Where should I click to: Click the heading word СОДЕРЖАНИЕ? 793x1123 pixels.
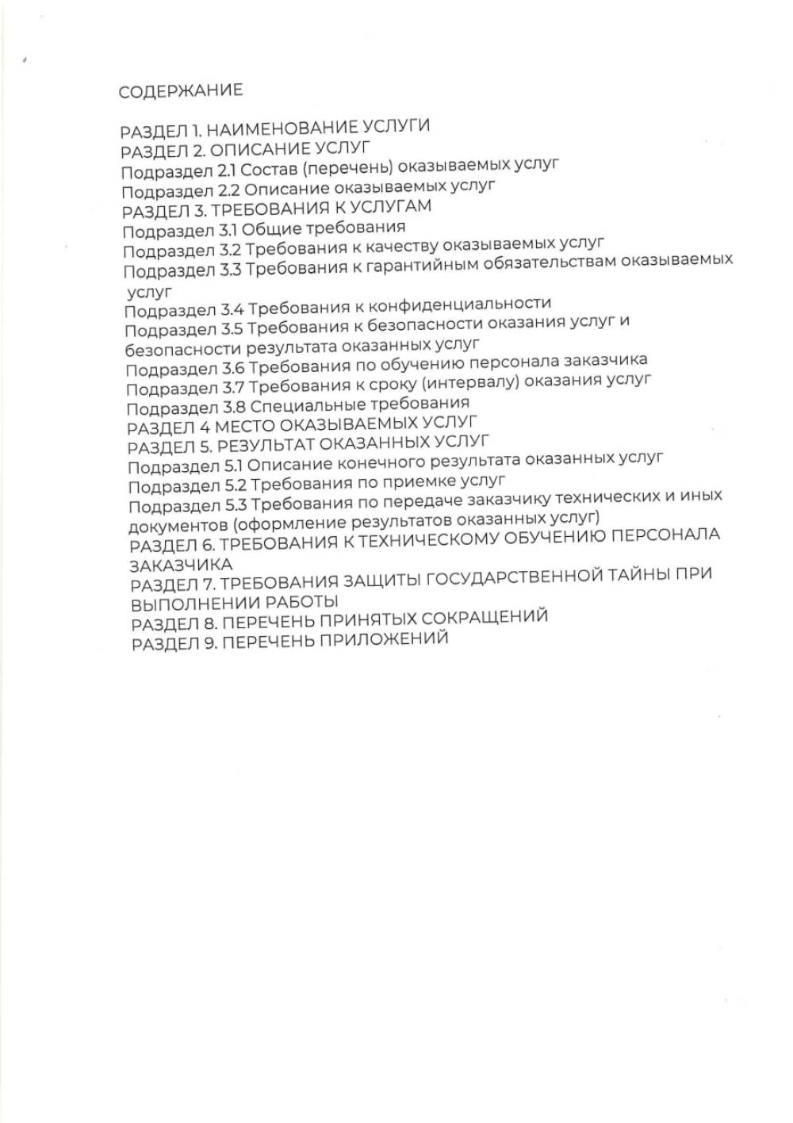pyautogui.click(x=181, y=90)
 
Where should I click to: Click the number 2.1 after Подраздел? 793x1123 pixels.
pyautogui.click(x=225, y=171)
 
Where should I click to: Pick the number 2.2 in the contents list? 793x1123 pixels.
pyautogui.click(x=227, y=190)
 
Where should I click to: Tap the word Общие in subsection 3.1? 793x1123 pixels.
pyautogui.click(x=270, y=230)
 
